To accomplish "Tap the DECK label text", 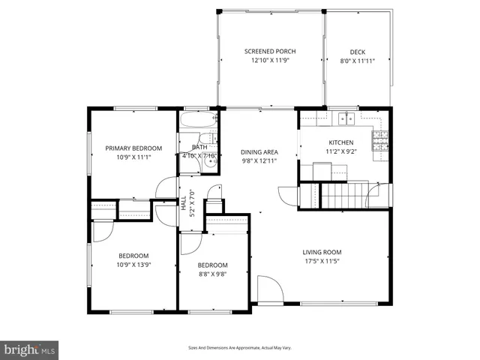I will pyautogui.click(x=358, y=52).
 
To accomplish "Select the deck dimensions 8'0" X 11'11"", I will pyautogui.click(x=358, y=61).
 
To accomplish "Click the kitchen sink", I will pyautogui.click(x=346, y=118).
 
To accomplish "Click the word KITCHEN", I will pyautogui.click(x=341, y=142).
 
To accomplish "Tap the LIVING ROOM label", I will pyautogui.click(x=322, y=252).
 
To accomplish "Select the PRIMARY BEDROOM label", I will pyautogui.click(x=133, y=148).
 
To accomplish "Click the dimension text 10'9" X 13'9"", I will pyautogui.click(x=133, y=265).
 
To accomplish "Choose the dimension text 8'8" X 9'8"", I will pyautogui.click(x=212, y=274).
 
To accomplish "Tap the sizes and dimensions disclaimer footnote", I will pyautogui.click(x=240, y=348).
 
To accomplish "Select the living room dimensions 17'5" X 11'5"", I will pyautogui.click(x=322, y=262).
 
